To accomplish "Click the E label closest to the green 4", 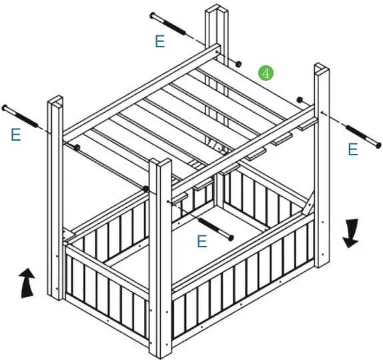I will [159, 41].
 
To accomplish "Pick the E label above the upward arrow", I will [16, 135].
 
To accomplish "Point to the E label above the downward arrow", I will [353, 149].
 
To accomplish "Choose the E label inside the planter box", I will [202, 241].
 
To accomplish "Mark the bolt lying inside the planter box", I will [214, 228].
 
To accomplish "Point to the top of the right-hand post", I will [321, 67].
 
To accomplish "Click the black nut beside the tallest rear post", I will [238, 64].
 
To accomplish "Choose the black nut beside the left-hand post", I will [78, 147].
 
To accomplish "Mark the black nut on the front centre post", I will [146, 189].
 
